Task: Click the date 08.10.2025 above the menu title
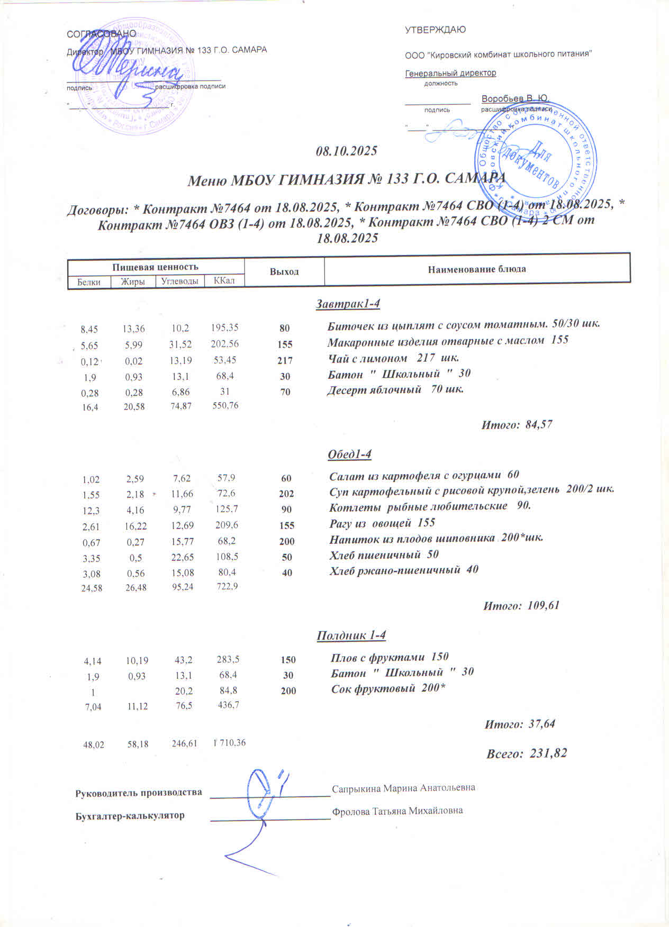(346, 151)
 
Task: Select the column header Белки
(89, 281)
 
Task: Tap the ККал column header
(224, 280)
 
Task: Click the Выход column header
(284, 271)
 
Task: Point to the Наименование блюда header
(477, 269)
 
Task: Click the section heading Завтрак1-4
(348, 304)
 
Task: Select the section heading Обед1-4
(350, 455)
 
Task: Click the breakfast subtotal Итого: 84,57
(517, 424)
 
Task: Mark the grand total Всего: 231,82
(527, 753)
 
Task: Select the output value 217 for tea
(285, 360)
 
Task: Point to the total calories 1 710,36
(229, 742)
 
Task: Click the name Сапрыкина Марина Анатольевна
(403, 788)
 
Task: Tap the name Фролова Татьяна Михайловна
(397, 811)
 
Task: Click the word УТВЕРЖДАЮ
(435, 30)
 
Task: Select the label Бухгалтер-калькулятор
(130, 815)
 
